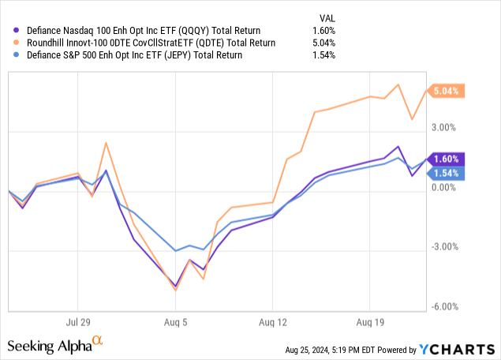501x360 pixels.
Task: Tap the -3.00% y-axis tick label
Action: point(446,247)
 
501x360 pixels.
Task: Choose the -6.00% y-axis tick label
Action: point(446,307)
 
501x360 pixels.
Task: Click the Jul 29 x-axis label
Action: point(77,322)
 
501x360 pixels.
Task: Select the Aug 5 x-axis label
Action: point(175,322)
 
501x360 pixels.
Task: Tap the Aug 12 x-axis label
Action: point(272,322)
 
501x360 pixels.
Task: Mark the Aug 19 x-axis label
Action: point(369,322)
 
